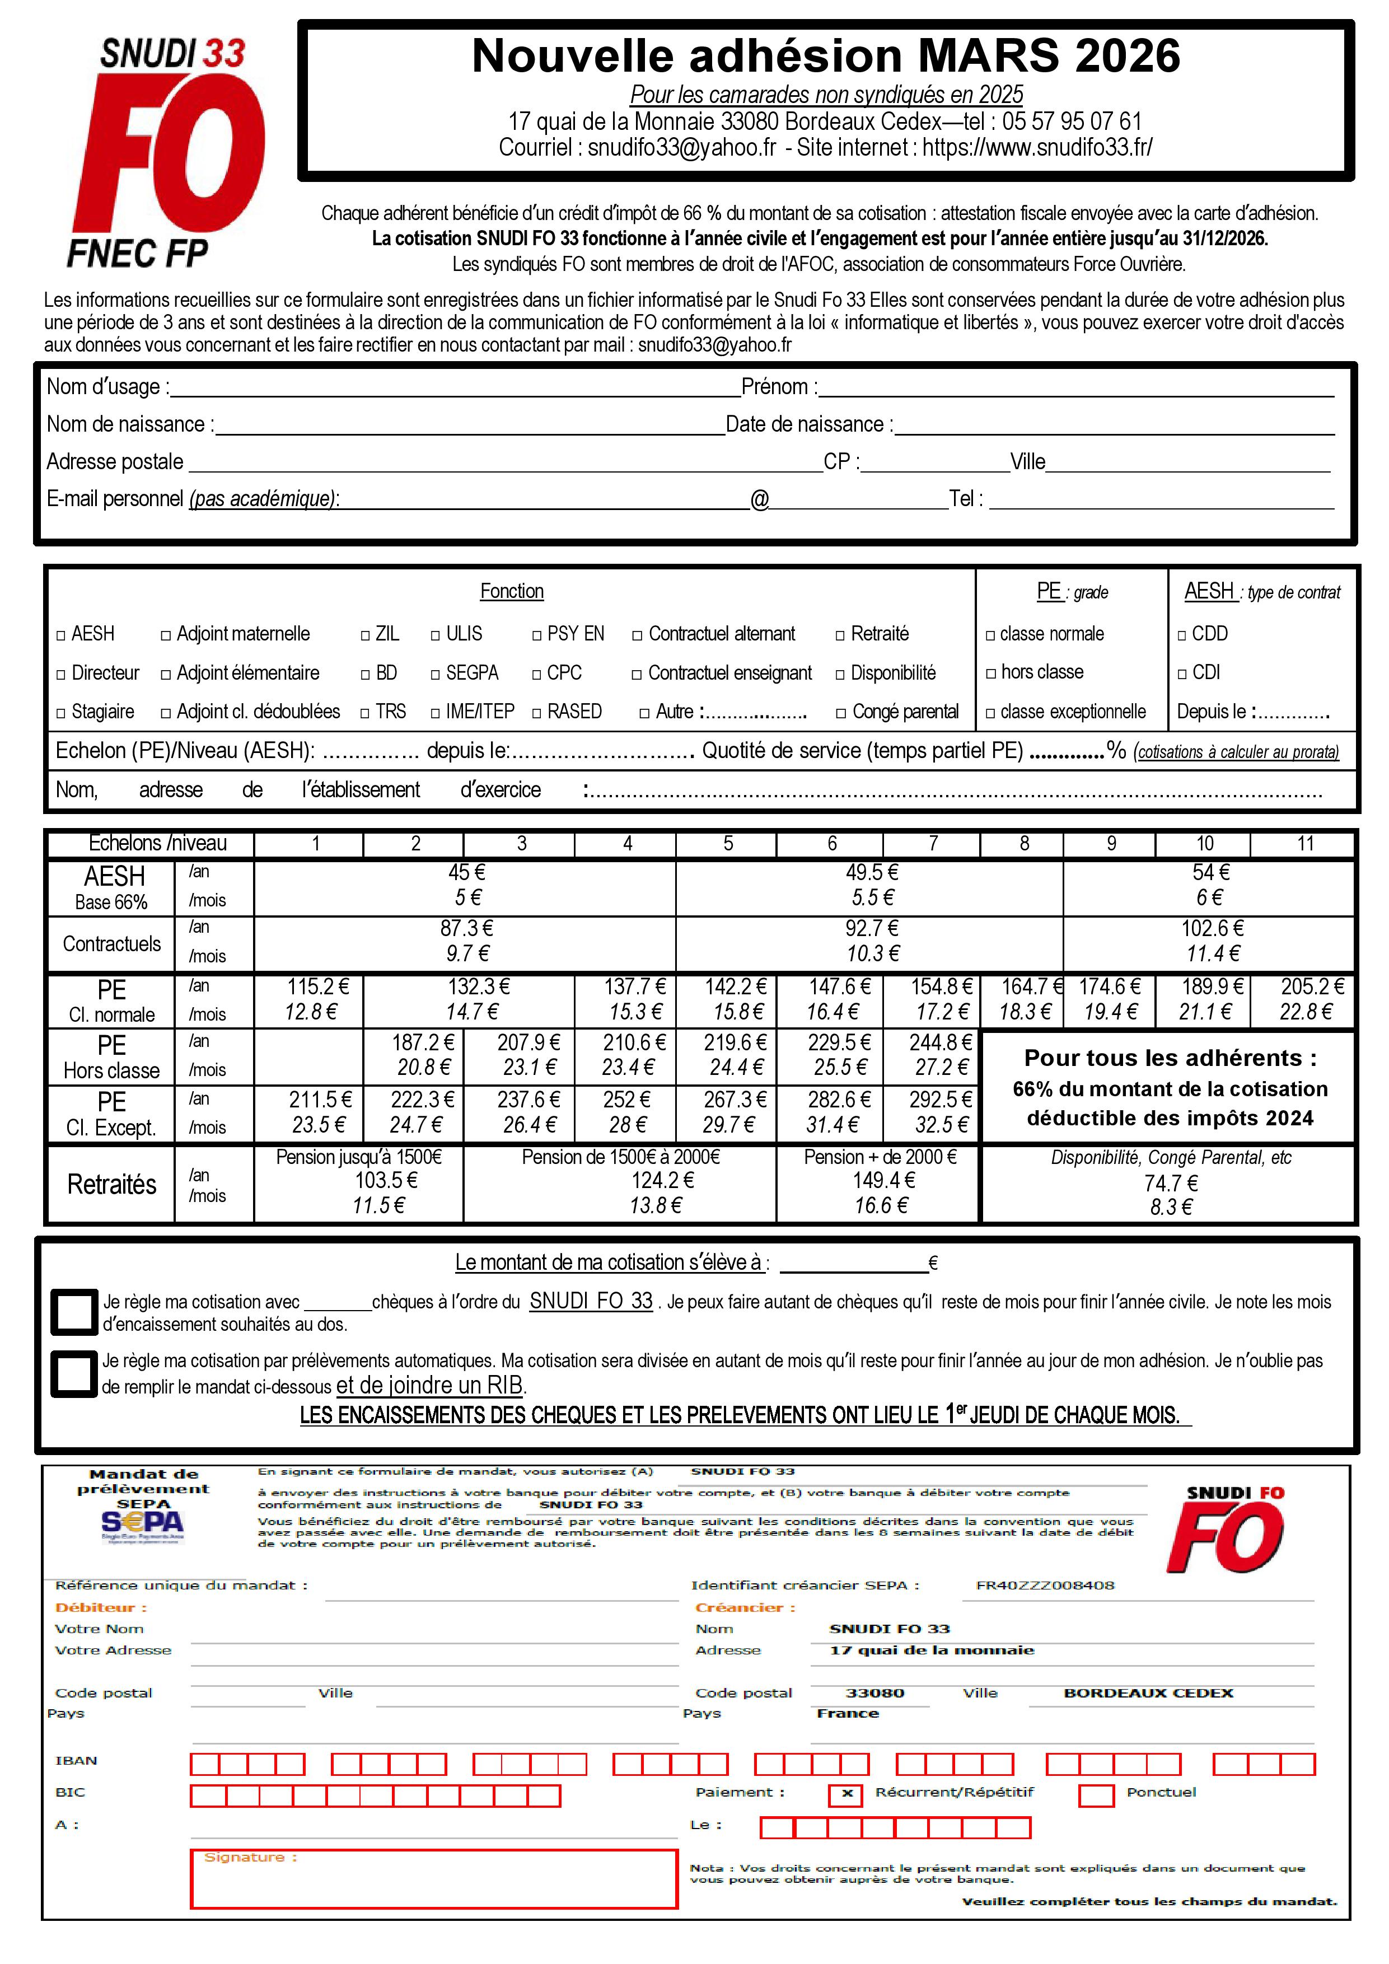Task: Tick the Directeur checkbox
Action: point(60,675)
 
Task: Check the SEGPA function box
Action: point(436,675)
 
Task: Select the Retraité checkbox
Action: point(841,635)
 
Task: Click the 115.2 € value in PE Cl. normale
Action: point(317,987)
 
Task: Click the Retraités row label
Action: point(112,1185)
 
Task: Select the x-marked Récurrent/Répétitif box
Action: point(846,1794)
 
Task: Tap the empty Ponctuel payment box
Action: point(1096,1794)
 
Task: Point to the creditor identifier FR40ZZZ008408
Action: point(1045,1585)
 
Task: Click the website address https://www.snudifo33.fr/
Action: point(1037,148)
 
